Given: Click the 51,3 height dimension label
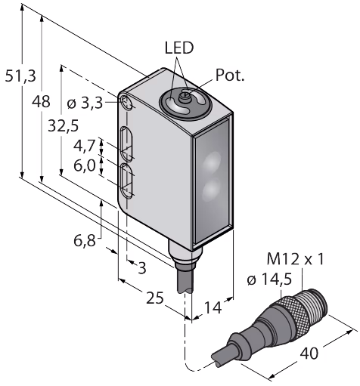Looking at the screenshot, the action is [x=21, y=76].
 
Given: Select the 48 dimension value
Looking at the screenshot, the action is [x=41, y=102].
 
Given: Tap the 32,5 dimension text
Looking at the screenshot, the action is [x=64, y=126].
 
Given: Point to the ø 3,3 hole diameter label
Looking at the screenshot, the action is [x=85, y=103].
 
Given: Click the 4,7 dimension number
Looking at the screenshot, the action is [x=85, y=146].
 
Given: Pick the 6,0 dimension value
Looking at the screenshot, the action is [x=85, y=166].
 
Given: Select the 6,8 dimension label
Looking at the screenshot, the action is [x=85, y=240].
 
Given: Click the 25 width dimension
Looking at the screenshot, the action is [x=155, y=298].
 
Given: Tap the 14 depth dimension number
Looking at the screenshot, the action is [x=213, y=307].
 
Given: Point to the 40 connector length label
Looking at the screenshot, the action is [x=309, y=354].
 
